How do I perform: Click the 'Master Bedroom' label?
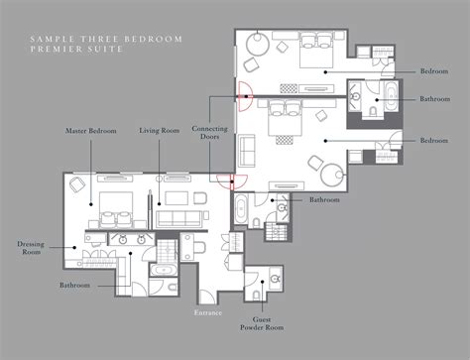[89, 130]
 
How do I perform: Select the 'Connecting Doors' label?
[209, 135]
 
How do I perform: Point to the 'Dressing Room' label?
[31, 248]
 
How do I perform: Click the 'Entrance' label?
[207, 311]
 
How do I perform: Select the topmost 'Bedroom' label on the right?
[434, 71]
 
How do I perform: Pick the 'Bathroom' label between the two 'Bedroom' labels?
[434, 98]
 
